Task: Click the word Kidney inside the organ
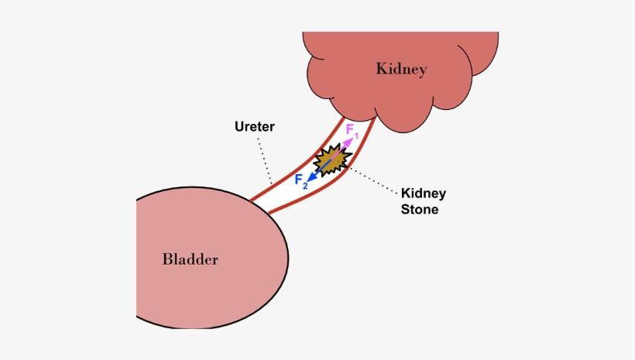(401, 70)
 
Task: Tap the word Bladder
(190, 259)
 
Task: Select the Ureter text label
(254, 125)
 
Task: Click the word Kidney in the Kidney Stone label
(423, 194)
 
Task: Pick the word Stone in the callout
(420, 209)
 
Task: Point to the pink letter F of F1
(350, 130)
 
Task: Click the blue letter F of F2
(299, 180)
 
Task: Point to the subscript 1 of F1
(356, 137)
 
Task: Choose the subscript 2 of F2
(306, 186)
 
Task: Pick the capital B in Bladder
(167, 259)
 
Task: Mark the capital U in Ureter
(239, 125)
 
